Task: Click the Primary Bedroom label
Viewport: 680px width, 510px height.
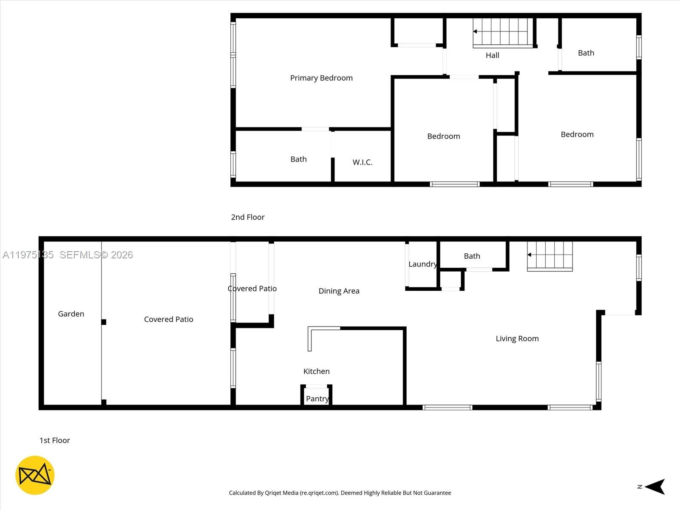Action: pyautogui.click(x=321, y=78)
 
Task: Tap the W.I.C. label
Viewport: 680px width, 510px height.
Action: pyautogui.click(x=362, y=162)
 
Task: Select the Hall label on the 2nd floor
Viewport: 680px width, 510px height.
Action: pyautogui.click(x=492, y=55)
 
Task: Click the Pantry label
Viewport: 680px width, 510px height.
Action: pyautogui.click(x=317, y=399)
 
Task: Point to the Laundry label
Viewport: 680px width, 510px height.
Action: pyautogui.click(x=422, y=264)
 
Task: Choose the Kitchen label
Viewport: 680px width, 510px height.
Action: pyautogui.click(x=316, y=371)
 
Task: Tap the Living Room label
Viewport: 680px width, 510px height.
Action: pyautogui.click(x=517, y=338)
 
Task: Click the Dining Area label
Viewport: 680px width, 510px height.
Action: pyautogui.click(x=339, y=291)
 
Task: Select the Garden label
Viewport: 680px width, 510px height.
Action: pyautogui.click(x=71, y=314)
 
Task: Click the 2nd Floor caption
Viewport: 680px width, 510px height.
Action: pyautogui.click(x=247, y=217)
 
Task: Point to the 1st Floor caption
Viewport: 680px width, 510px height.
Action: pyautogui.click(x=54, y=440)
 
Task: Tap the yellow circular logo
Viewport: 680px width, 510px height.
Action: pyautogui.click(x=35, y=475)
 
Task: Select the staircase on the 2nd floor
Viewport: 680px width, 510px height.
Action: pyautogui.click(x=503, y=32)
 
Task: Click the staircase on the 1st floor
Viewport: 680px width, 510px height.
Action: pyautogui.click(x=550, y=256)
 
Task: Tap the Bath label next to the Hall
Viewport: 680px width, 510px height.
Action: pyautogui.click(x=586, y=53)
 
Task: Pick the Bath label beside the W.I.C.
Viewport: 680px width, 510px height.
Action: pyautogui.click(x=298, y=159)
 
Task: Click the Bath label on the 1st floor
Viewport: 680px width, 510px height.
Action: pyautogui.click(x=472, y=256)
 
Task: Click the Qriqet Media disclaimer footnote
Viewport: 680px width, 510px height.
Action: pyautogui.click(x=340, y=493)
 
